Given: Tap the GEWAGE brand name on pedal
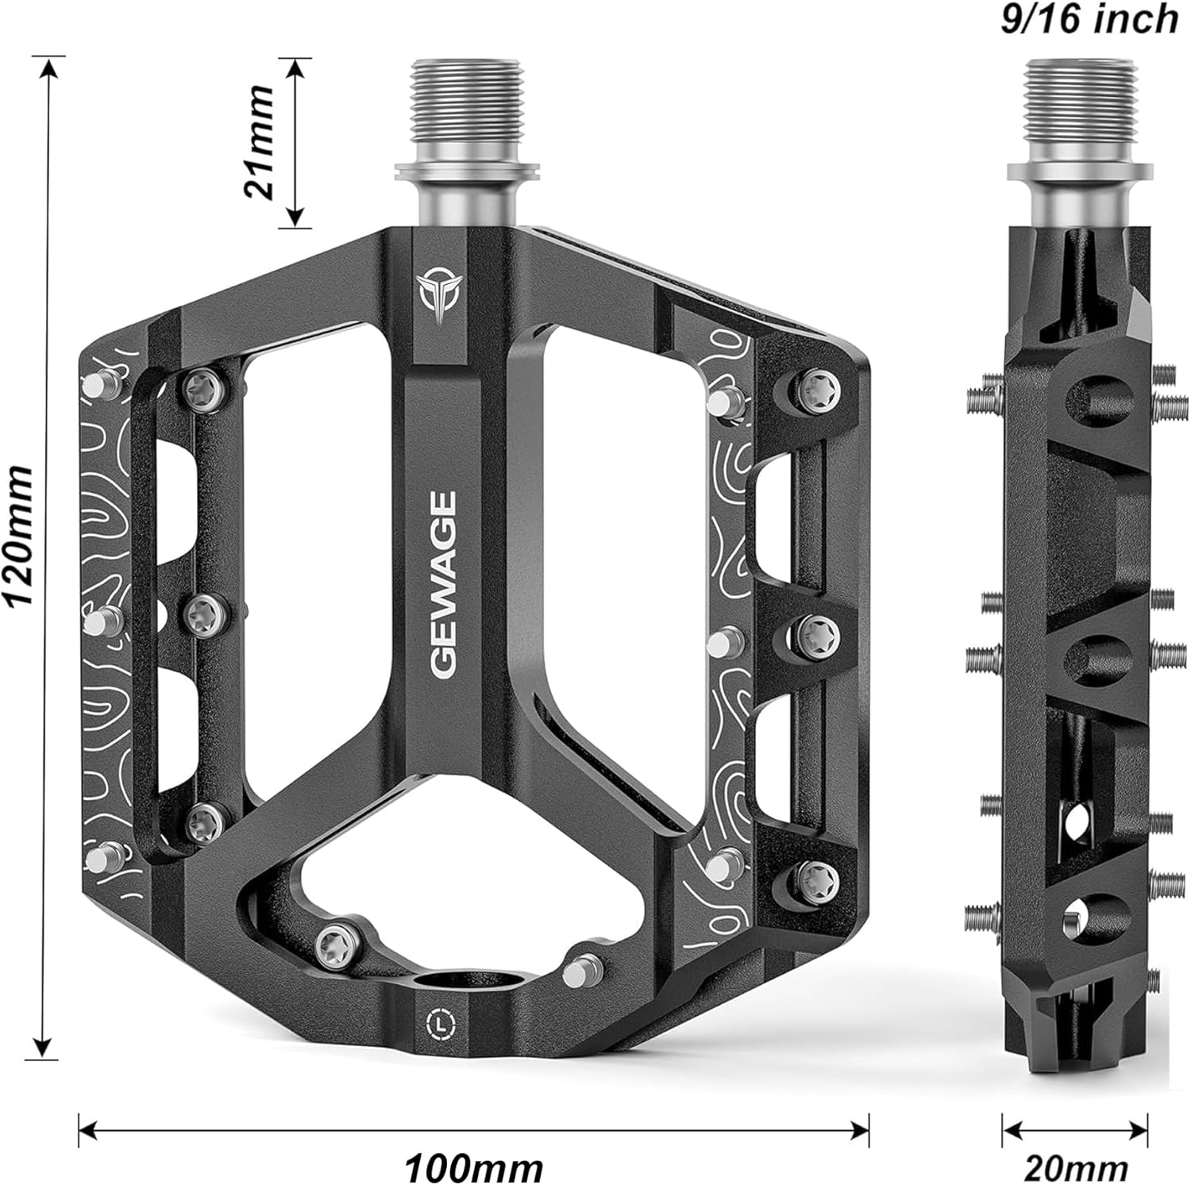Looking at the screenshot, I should (444, 584).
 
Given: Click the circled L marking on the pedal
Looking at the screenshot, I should (440, 1023).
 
